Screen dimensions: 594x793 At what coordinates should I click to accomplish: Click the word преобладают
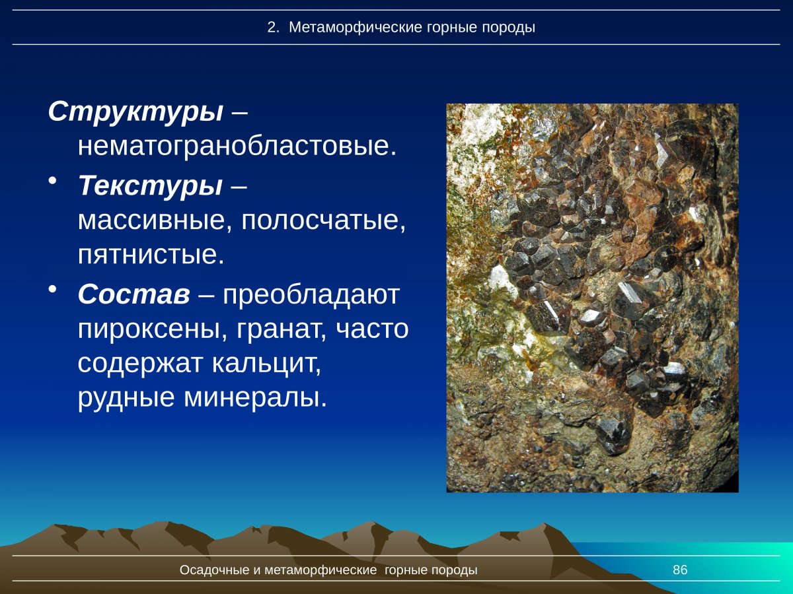311,295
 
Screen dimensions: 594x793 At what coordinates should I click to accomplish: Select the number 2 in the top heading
271,28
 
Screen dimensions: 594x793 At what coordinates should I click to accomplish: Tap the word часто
373,329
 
